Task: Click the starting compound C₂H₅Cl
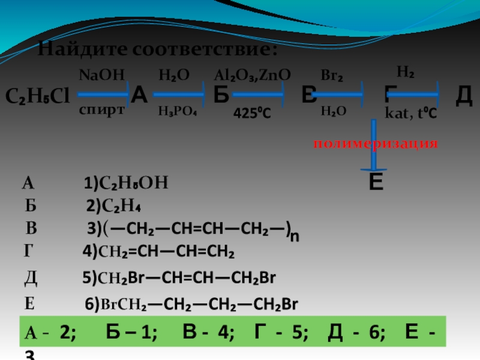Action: click(x=38, y=95)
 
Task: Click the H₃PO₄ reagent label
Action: click(x=179, y=111)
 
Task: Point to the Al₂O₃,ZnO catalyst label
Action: click(x=253, y=75)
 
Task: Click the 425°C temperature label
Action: click(x=252, y=112)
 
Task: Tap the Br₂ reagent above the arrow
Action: click(x=332, y=76)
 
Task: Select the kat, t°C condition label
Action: click(x=410, y=112)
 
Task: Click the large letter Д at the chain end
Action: click(x=464, y=95)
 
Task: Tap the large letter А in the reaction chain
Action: click(x=139, y=95)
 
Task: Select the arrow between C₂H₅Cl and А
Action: click(x=101, y=94)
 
